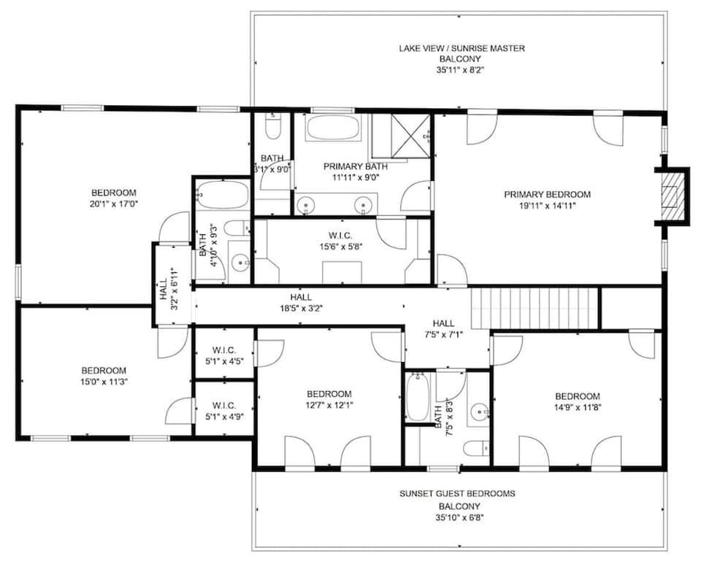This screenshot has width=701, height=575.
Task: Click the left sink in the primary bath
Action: click(307, 205)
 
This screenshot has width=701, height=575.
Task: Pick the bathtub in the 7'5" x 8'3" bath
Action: click(418, 398)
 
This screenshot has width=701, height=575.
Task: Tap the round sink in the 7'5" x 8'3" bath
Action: click(479, 411)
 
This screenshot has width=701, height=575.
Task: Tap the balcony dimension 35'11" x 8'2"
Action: click(461, 71)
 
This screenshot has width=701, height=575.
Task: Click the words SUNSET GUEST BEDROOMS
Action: click(457, 493)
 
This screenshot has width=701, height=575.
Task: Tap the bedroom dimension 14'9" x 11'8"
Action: click(577, 408)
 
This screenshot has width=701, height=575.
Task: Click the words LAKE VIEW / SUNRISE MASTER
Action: click(461, 48)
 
